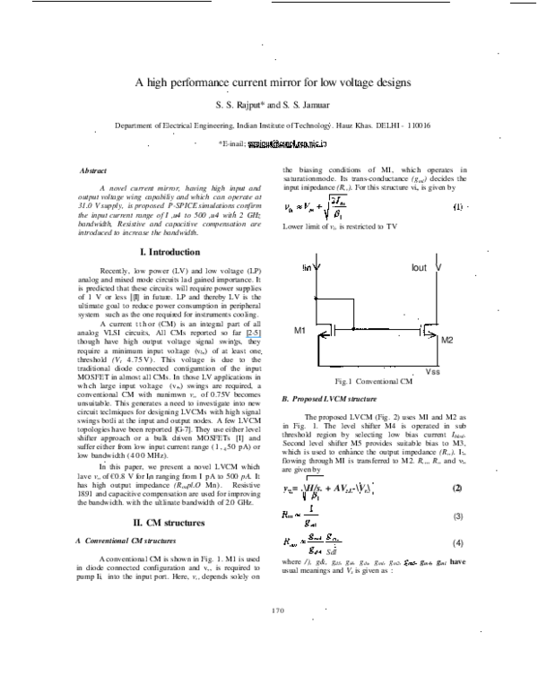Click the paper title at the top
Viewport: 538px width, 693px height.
coord(272,82)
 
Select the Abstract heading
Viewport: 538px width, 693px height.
coord(93,170)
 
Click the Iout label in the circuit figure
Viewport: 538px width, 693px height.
coord(420,267)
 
